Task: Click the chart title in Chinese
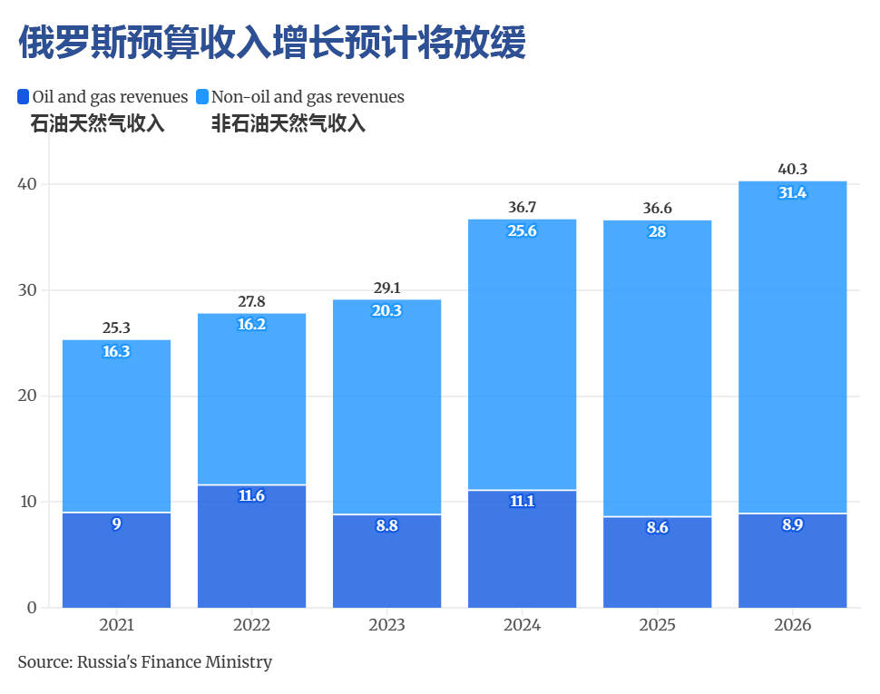click(272, 42)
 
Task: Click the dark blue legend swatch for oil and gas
click(24, 96)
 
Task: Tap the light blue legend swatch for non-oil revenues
click(203, 96)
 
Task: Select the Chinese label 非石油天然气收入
click(288, 124)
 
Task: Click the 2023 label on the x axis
click(386, 625)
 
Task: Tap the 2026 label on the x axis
click(792, 625)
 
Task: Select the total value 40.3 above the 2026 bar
click(792, 169)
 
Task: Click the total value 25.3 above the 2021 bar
click(116, 327)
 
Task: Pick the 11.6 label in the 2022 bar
click(251, 496)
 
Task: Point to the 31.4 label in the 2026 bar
click(792, 192)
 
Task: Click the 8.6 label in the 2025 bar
click(657, 527)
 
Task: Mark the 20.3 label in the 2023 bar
click(386, 310)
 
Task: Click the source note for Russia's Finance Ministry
click(145, 662)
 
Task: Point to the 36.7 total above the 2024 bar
click(522, 208)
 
